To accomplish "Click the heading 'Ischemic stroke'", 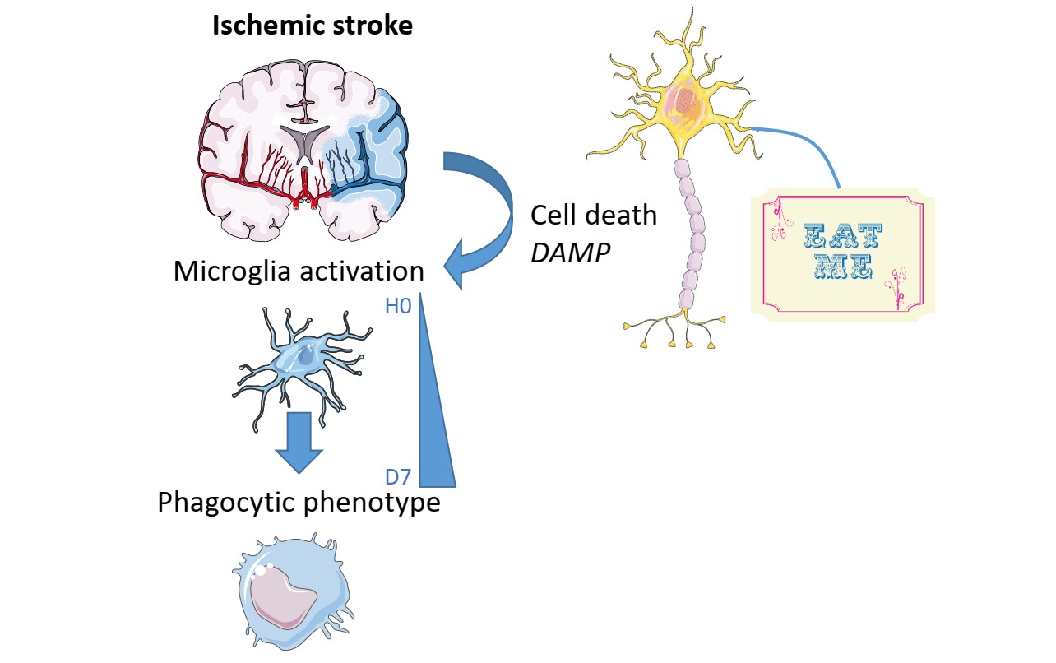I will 313,26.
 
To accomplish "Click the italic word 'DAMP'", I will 570,253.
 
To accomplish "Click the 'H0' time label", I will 398,307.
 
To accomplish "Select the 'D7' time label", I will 398,476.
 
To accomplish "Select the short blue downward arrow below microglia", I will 299,440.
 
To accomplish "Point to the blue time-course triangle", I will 434,411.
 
